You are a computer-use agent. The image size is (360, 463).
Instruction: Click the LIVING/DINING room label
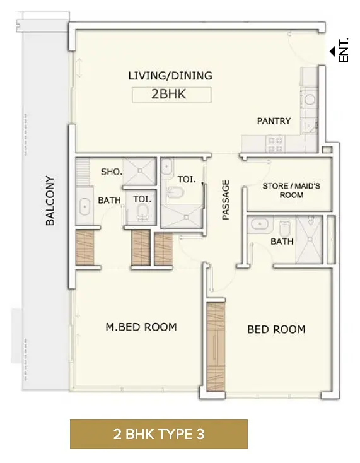(x=170, y=76)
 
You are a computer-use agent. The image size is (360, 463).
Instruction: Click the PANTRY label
(x=274, y=120)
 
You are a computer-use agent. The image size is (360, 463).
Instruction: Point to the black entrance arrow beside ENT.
(x=332, y=51)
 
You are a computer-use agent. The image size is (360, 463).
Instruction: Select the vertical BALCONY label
(x=50, y=201)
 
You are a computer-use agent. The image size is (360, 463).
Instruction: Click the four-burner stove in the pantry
(x=275, y=144)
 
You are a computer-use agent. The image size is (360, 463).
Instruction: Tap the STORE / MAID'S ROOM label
(x=291, y=190)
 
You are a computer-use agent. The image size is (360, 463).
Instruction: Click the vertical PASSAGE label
(x=226, y=200)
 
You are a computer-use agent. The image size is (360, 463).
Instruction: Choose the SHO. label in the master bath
(x=112, y=172)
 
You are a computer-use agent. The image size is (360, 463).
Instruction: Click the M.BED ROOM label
(x=141, y=327)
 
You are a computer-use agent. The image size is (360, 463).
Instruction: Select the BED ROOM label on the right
(x=277, y=329)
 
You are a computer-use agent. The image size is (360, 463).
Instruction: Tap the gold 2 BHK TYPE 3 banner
(x=159, y=434)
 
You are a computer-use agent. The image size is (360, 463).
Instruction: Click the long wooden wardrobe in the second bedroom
(x=216, y=347)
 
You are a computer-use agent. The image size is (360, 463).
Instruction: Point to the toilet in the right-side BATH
(x=285, y=228)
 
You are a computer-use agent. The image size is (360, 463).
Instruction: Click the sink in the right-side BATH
(x=260, y=225)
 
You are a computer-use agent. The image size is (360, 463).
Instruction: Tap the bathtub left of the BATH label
(x=84, y=206)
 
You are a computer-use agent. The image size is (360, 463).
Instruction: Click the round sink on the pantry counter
(x=310, y=99)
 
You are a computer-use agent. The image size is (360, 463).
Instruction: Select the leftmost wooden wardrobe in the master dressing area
(x=85, y=247)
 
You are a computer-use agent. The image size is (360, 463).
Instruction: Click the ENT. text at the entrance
(x=344, y=50)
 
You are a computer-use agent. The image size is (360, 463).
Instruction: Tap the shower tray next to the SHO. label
(x=139, y=172)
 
